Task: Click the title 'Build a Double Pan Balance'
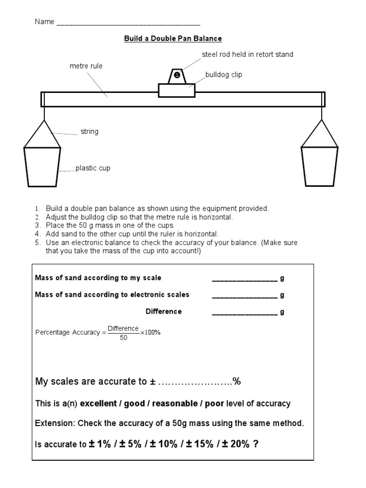pyautogui.click(x=173, y=38)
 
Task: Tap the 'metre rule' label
pyautogui.click(x=86, y=66)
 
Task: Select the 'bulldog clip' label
pyautogui.click(x=224, y=75)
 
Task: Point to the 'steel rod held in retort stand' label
pyautogui.click(x=247, y=54)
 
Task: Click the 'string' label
pyautogui.click(x=90, y=132)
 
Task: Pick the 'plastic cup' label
pyautogui.click(x=93, y=168)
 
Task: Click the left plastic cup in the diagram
pyautogui.click(x=42, y=166)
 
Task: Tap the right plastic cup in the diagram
pyautogui.click(x=319, y=166)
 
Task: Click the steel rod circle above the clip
pyautogui.click(x=177, y=75)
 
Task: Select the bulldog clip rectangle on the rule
pyautogui.click(x=177, y=90)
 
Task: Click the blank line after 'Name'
pyautogui.click(x=128, y=23)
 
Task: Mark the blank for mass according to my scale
pyautogui.click(x=244, y=278)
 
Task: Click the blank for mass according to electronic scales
pyautogui.click(x=244, y=295)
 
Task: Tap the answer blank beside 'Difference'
pyautogui.click(x=244, y=312)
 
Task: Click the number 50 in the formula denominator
pyautogui.click(x=123, y=337)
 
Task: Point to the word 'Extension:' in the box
pyautogui.click(x=55, y=423)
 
